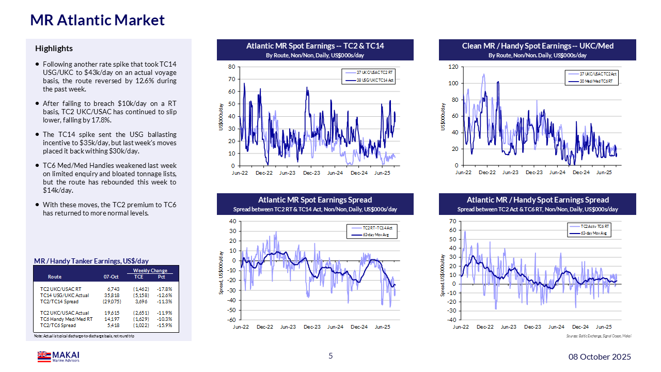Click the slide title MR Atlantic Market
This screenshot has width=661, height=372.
pos(98,20)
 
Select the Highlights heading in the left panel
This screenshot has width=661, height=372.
pos(54,49)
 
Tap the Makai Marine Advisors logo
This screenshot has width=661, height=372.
pos(58,357)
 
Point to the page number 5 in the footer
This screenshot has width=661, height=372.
pos(330,355)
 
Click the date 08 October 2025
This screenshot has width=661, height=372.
pos(600,357)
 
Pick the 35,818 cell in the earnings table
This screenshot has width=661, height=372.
pos(113,295)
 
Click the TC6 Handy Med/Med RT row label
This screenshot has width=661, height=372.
pos(66,319)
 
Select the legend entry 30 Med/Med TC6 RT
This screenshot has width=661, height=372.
pos(596,81)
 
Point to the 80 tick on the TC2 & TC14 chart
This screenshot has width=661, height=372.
pos(232,67)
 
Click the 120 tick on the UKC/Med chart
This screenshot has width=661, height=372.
pos(452,67)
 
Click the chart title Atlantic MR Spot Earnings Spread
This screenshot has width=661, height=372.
pos(315,200)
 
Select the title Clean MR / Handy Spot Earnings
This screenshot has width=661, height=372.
pos(538,46)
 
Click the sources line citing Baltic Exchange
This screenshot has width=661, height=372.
pos(599,336)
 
